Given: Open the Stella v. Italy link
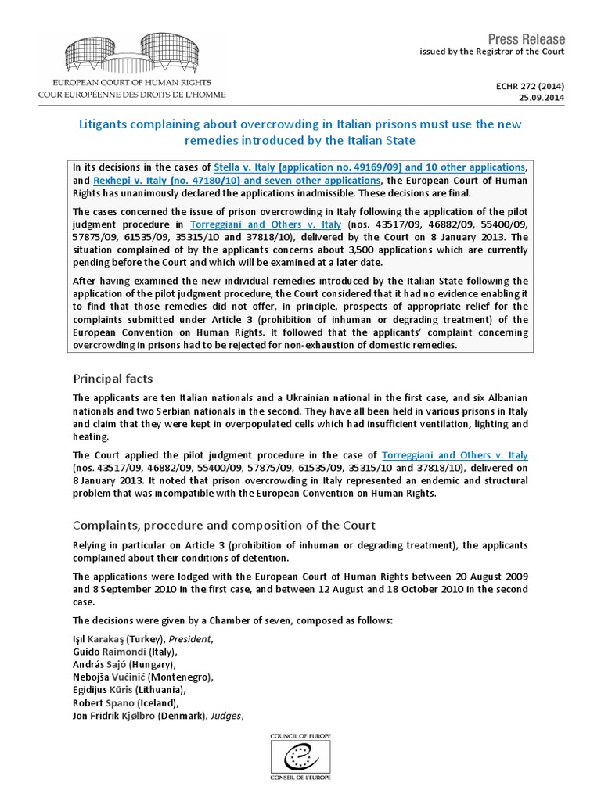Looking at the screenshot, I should [x=369, y=167].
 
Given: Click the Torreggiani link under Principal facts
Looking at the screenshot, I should [x=454, y=455].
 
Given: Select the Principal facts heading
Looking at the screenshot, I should [x=113, y=379].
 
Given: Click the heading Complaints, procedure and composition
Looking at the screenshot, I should [x=224, y=525].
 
